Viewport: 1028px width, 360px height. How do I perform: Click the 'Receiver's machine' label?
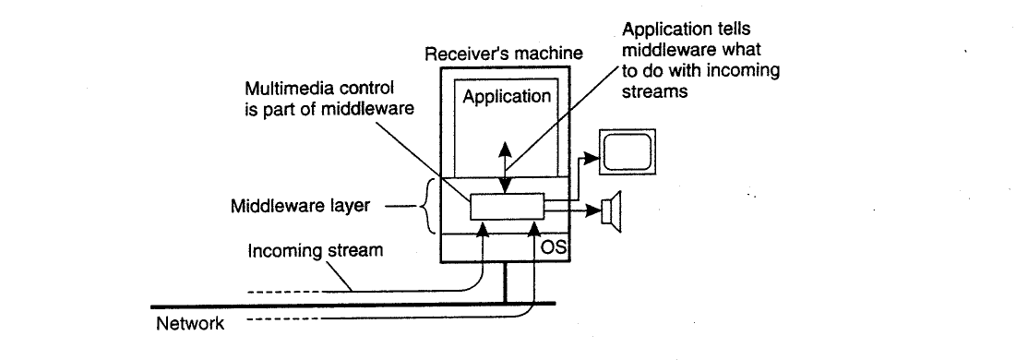504,54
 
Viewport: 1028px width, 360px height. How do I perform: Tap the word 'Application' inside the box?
507,97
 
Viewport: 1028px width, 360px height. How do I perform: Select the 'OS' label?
553,248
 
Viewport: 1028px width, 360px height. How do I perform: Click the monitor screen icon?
628,152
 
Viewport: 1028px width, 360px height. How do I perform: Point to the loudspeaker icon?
611,211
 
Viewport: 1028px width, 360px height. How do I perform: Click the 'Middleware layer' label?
300,206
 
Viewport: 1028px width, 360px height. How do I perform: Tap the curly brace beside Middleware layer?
430,206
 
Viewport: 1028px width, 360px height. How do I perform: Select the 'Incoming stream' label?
316,250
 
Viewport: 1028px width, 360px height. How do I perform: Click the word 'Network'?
190,323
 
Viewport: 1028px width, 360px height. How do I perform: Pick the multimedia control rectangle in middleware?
507,207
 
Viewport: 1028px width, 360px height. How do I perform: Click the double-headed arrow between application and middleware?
505,168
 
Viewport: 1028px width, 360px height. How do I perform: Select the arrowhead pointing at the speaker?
592,210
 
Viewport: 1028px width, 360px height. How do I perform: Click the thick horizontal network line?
353,305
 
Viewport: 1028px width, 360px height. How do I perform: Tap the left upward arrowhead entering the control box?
484,229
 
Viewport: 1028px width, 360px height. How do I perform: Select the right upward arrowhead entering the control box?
534,229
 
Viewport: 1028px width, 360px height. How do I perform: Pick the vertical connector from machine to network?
506,282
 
